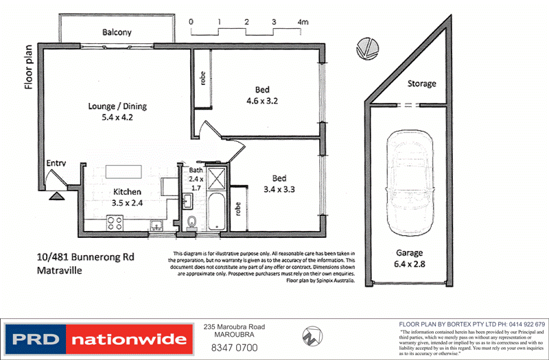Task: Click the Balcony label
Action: pos(117,32)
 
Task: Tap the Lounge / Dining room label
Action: pos(117,106)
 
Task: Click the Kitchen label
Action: pos(128,192)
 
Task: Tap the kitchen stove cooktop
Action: pos(115,223)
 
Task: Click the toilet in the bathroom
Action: pos(191,222)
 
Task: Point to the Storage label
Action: pos(421,84)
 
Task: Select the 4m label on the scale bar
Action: pos(303,22)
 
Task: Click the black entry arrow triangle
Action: pos(57,195)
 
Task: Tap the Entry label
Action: pos(56,164)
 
